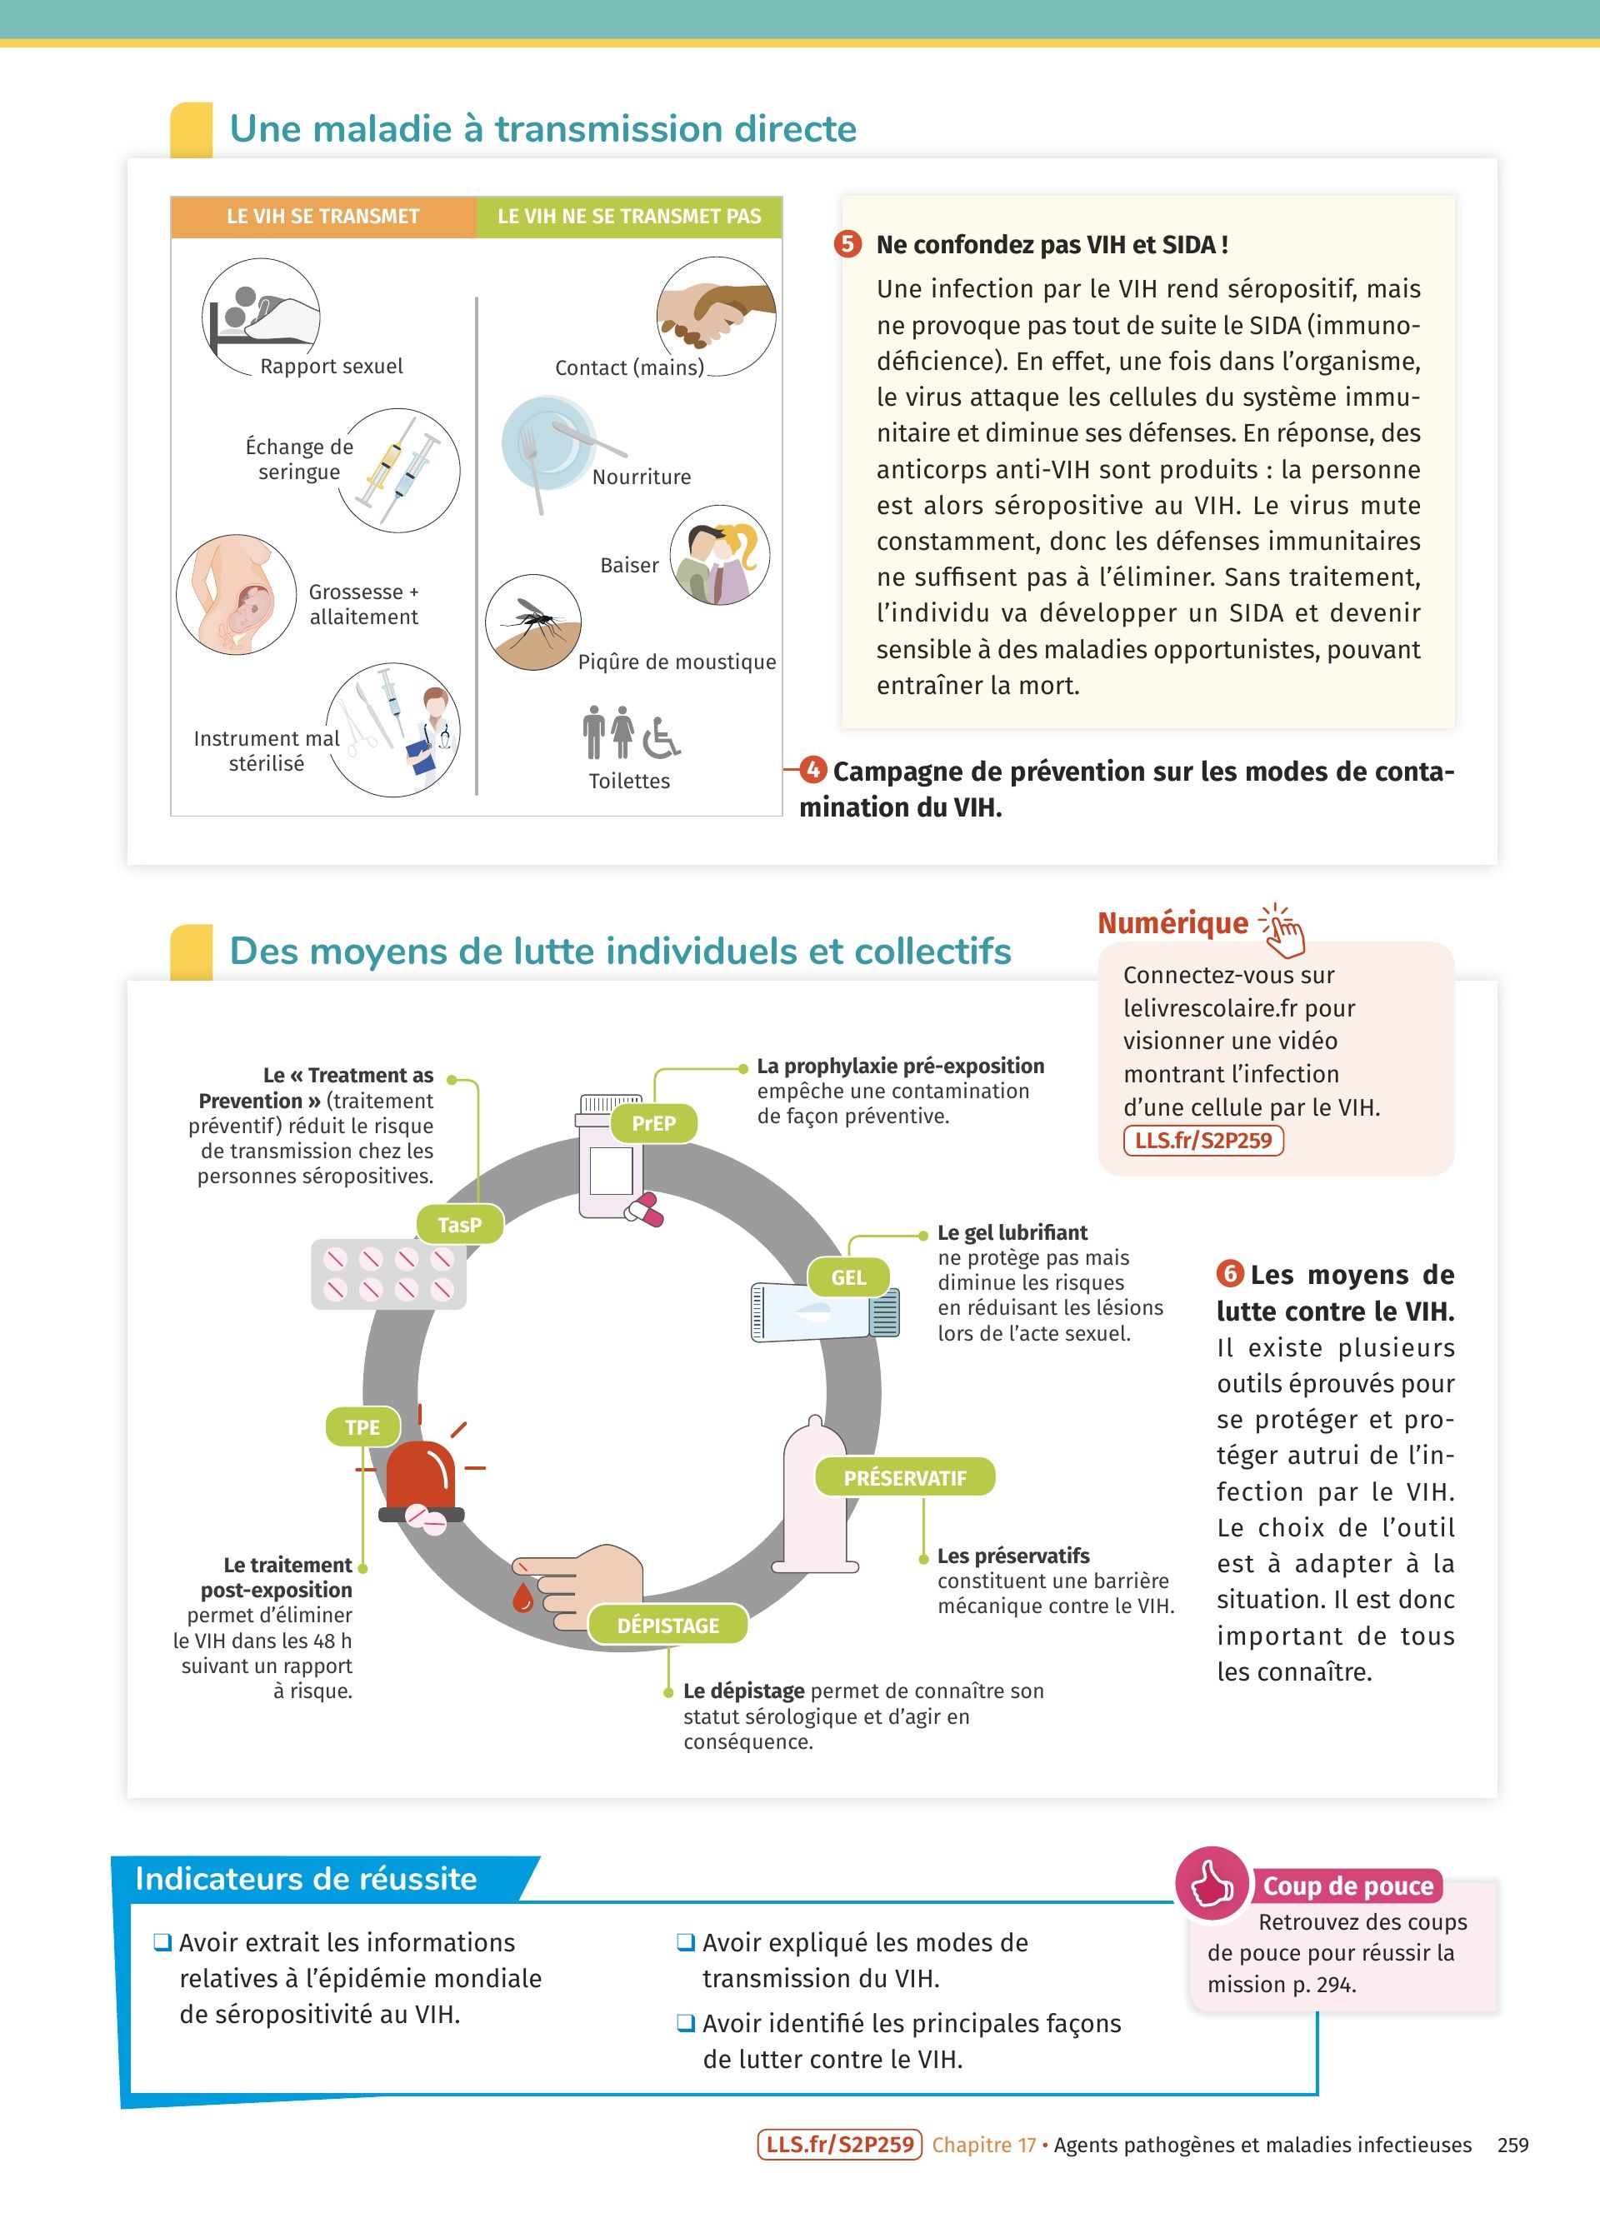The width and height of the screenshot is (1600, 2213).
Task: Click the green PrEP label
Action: pyautogui.click(x=653, y=1123)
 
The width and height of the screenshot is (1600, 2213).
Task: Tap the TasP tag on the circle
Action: pyautogui.click(x=459, y=1225)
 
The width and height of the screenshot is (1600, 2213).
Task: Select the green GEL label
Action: pyautogui.click(x=847, y=1277)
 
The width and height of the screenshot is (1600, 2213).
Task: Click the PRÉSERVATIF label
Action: pyautogui.click(x=904, y=1477)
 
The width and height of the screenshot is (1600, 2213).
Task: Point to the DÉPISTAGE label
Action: pyautogui.click(x=668, y=1625)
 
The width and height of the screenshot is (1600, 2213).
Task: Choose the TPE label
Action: pyautogui.click(x=362, y=1427)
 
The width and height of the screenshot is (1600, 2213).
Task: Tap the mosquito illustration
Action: pyautogui.click(x=532, y=622)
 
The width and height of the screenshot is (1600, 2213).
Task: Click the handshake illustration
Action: pyautogui.click(x=716, y=315)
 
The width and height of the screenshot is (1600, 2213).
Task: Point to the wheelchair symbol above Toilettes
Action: pyautogui.click(x=662, y=737)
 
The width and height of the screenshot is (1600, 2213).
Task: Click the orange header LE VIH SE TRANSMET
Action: pyautogui.click(x=323, y=217)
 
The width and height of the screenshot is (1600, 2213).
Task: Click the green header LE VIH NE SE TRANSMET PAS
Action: pyautogui.click(x=629, y=217)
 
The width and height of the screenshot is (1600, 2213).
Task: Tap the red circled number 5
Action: pyautogui.click(x=847, y=243)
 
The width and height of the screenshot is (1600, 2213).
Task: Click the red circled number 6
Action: pyautogui.click(x=1229, y=1273)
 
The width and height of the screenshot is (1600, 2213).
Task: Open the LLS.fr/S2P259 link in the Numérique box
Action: pyautogui.click(x=1203, y=1140)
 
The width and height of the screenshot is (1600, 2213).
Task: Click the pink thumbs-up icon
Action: pyautogui.click(x=1212, y=1883)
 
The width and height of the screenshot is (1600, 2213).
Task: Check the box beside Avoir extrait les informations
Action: pyautogui.click(x=162, y=1941)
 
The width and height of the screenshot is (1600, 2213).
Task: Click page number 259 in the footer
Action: pyautogui.click(x=1512, y=2144)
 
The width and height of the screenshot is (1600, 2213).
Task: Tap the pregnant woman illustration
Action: pyautogui.click(x=236, y=594)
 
